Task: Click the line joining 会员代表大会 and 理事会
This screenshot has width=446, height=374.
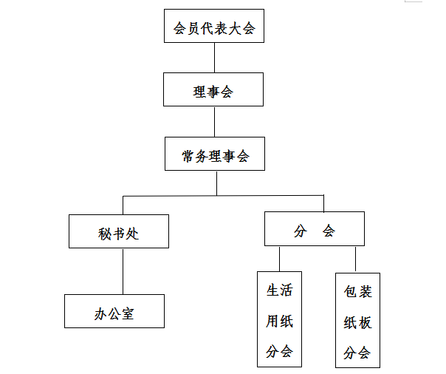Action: coord(214,58)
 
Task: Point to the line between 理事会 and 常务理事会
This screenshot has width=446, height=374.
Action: coord(214,122)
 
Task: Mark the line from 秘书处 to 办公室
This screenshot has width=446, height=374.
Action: coord(123,271)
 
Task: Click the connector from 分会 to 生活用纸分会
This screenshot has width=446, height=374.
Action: coord(279,259)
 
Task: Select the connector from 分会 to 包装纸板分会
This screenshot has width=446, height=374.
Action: coord(355,259)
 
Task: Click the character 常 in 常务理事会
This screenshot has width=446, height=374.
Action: coord(188,156)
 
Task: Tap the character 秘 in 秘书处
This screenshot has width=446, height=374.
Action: coord(104,234)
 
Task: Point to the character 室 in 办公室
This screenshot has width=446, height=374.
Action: coord(128,314)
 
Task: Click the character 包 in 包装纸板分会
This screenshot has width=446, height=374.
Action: coord(350,292)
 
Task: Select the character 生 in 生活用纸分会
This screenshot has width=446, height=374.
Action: coord(272,290)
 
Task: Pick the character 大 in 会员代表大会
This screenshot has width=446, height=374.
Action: coord(235,29)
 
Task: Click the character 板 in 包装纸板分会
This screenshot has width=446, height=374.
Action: coord(365,323)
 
